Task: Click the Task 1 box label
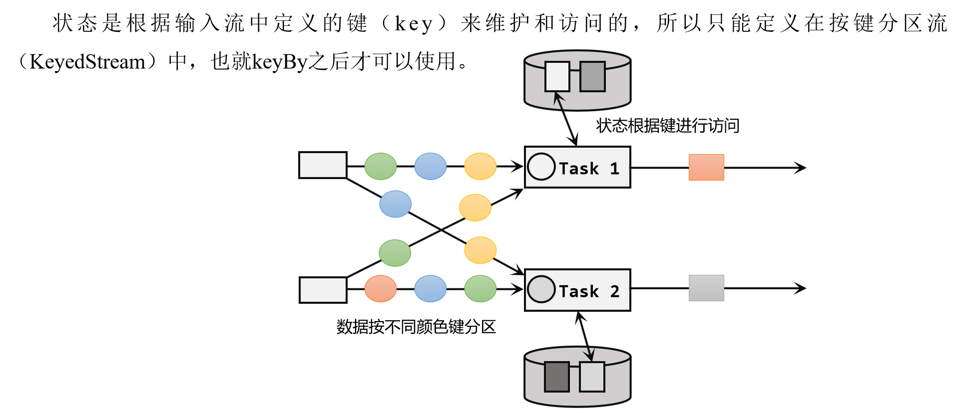(589, 169)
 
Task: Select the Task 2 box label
(589, 291)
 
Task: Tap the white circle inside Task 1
(541, 167)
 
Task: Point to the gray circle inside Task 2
(541, 289)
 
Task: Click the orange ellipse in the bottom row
(381, 289)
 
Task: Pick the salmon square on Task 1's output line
(706, 168)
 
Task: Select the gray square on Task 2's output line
(706, 288)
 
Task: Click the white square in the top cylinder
(557, 77)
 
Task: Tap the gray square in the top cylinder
(592, 77)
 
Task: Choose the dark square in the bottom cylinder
(557, 377)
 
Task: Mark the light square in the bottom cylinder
(592, 377)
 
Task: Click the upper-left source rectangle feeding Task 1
(323, 165)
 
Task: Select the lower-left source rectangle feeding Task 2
(323, 290)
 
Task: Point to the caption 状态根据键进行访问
(667, 126)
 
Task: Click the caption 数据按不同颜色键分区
(416, 327)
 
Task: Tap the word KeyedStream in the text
(87, 62)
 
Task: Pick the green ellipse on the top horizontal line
(381, 166)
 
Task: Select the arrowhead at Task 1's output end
(801, 168)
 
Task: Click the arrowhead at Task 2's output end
(801, 288)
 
